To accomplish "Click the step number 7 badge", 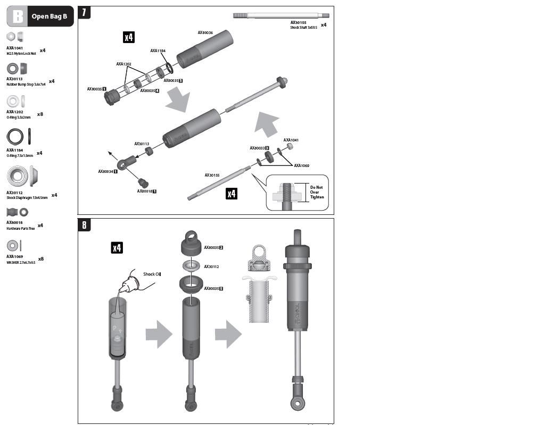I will (84, 12).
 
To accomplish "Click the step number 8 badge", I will (84, 224).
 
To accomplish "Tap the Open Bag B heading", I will (49, 16).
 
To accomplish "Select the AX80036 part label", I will (205, 32).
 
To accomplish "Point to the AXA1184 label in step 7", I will (158, 51).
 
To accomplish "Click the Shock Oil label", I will (152, 274).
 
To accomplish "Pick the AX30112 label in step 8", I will (211, 266).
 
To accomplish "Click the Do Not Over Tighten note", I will (317, 192).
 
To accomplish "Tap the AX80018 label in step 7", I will (146, 191).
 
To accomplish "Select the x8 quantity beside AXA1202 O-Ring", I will (40, 114).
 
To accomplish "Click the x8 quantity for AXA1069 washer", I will (40, 259).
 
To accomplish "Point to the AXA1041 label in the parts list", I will (14, 48).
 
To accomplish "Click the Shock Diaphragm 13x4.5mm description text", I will (27, 197).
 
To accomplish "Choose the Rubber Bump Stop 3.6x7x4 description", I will (26, 85).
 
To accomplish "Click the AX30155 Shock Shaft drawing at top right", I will (281, 15).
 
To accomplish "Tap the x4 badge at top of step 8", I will (117, 247).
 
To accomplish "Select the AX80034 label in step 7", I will (107, 172).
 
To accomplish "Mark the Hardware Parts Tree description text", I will (21, 228).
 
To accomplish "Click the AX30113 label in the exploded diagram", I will (142, 144).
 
